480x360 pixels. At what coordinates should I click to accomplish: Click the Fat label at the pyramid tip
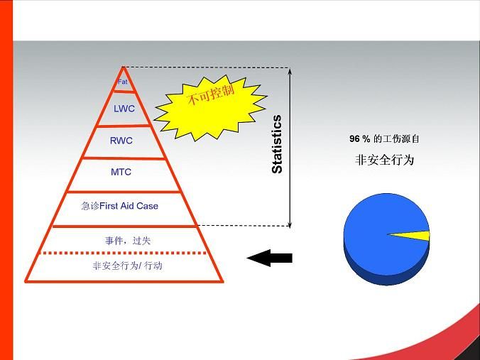[122, 82]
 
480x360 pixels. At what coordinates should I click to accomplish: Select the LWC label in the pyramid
[124, 109]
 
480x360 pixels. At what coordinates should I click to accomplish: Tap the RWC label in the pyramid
[121, 141]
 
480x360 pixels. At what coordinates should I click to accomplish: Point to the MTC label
[121, 172]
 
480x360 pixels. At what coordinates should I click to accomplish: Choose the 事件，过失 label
[128, 241]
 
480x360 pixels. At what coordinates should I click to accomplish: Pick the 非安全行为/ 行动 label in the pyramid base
[127, 266]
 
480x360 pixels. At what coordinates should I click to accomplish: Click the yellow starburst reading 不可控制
[211, 108]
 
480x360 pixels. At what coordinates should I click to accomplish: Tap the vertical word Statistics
[277, 144]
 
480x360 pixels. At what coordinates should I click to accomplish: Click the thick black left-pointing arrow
[269, 258]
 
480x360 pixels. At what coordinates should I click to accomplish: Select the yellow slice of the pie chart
[410, 236]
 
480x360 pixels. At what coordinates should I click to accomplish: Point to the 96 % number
[360, 139]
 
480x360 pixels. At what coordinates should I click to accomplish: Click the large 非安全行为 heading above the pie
[384, 160]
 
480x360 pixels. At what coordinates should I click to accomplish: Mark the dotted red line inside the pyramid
[124, 253]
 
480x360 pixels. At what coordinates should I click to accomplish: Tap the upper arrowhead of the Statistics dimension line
[290, 71]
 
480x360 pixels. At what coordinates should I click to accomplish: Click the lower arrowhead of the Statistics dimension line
[290, 224]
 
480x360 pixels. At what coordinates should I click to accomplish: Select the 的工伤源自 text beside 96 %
[396, 139]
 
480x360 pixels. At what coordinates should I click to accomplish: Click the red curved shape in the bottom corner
[429, 340]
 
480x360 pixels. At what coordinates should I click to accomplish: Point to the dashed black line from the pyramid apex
[206, 67]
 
